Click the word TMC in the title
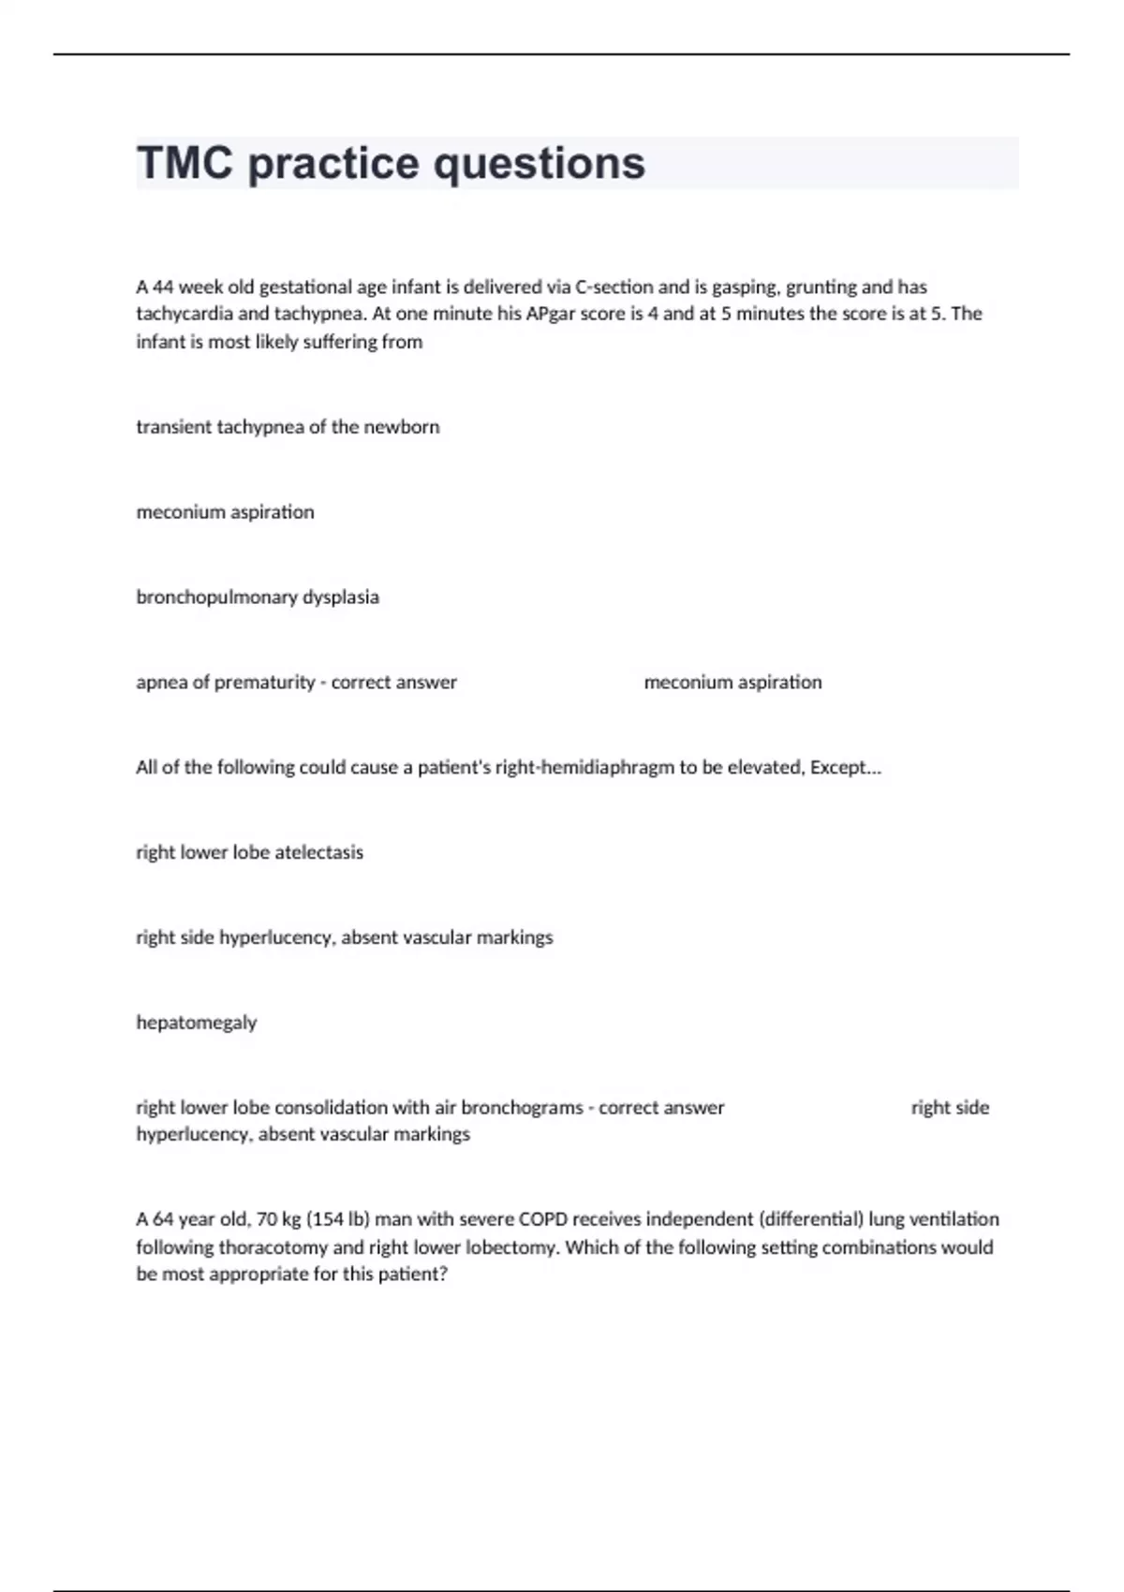[x=185, y=163]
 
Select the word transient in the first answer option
[x=173, y=427]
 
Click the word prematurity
[x=264, y=683]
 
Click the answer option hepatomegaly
[x=197, y=1023]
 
